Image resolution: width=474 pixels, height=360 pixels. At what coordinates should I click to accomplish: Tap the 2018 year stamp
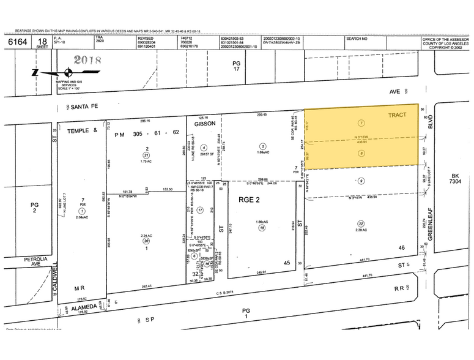(87, 61)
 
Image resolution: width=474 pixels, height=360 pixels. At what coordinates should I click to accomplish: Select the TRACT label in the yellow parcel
(397, 114)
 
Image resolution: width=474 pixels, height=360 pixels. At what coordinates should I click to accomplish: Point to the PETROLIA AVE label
(35, 261)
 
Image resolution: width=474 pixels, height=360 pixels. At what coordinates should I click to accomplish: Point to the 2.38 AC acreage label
(361, 231)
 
